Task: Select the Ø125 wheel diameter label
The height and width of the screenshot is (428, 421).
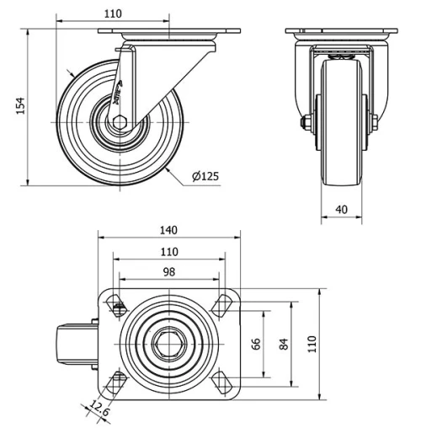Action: tap(205, 176)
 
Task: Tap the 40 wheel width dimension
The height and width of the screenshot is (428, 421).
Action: tap(341, 210)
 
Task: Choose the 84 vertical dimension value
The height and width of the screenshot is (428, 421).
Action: tap(285, 344)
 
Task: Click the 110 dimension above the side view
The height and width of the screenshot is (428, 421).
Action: tap(114, 13)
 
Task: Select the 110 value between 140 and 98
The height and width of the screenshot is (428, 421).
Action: tap(169, 251)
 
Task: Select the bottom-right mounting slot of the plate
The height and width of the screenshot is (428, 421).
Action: tap(223, 383)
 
